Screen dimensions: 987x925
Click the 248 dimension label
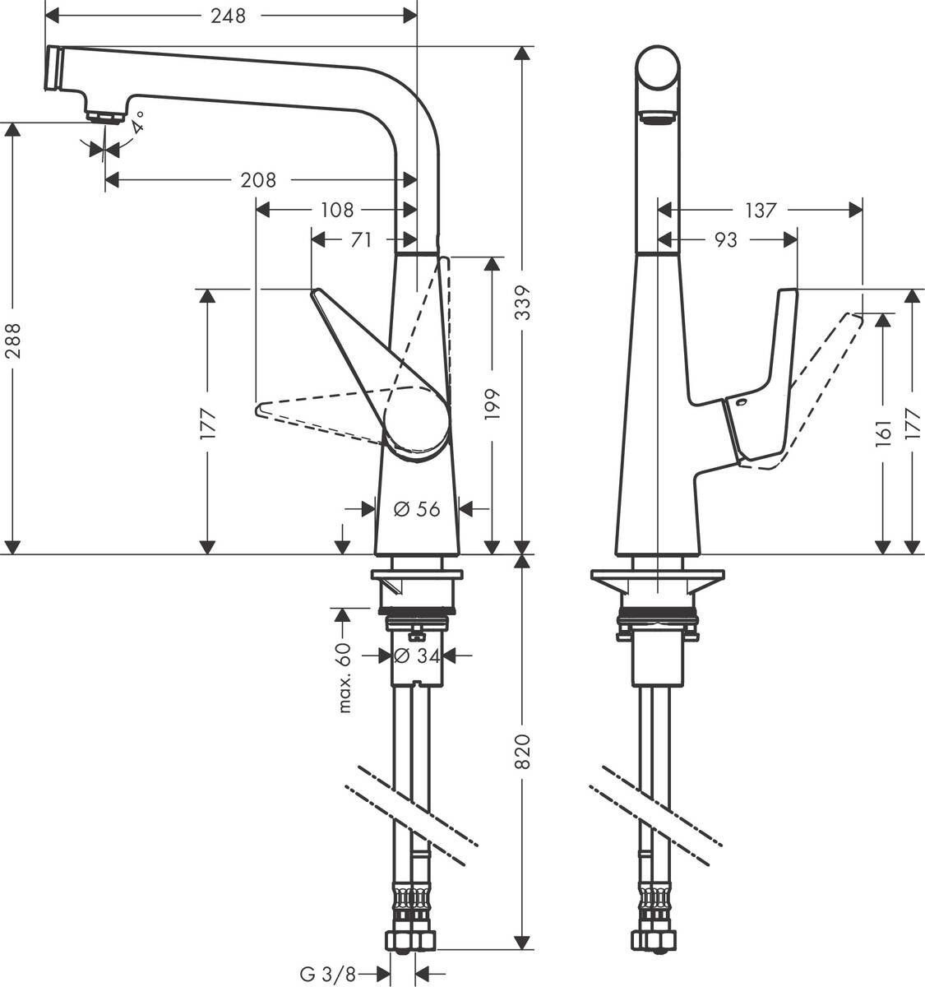(x=228, y=16)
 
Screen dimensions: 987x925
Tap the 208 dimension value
(x=258, y=179)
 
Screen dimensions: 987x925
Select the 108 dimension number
(x=336, y=211)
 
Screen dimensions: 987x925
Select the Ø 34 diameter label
(x=417, y=656)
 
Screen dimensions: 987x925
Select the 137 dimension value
(x=760, y=211)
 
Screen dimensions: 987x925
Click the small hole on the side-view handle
(x=740, y=403)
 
